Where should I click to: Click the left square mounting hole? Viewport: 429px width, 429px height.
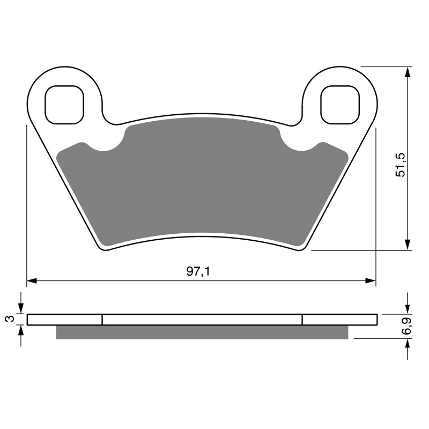(x=64, y=104)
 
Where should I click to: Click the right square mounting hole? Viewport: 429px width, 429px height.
(x=339, y=104)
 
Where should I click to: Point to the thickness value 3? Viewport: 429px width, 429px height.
(x=9, y=320)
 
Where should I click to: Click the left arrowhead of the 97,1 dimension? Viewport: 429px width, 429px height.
(x=32, y=280)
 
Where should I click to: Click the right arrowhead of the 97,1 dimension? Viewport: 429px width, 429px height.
(x=371, y=280)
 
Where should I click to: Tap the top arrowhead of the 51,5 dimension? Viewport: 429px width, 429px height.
(x=408, y=71)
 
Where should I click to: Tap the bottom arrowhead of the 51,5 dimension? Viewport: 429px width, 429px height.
(x=408, y=245)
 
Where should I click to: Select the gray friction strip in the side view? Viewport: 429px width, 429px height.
(x=202, y=332)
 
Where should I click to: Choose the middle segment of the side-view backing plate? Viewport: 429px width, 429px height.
(x=202, y=320)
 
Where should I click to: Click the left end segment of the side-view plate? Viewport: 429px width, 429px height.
(x=64, y=320)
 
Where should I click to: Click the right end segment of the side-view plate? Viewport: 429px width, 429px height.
(x=339, y=320)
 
